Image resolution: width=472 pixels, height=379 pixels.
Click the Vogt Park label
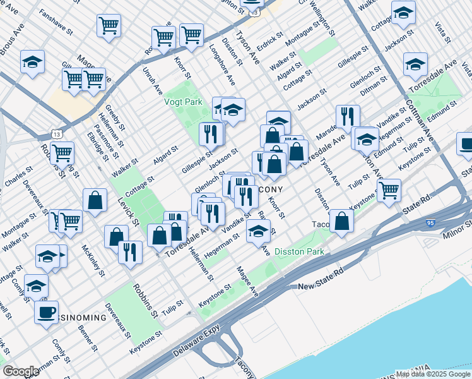(x=183, y=101)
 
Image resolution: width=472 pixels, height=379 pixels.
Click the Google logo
(x=21, y=371)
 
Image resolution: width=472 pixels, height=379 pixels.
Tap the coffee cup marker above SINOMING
(x=46, y=312)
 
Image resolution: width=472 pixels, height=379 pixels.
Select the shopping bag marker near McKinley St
(x=95, y=200)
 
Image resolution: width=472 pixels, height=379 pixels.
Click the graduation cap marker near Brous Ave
(x=32, y=62)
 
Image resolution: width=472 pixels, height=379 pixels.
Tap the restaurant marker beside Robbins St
(x=130, y=252)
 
